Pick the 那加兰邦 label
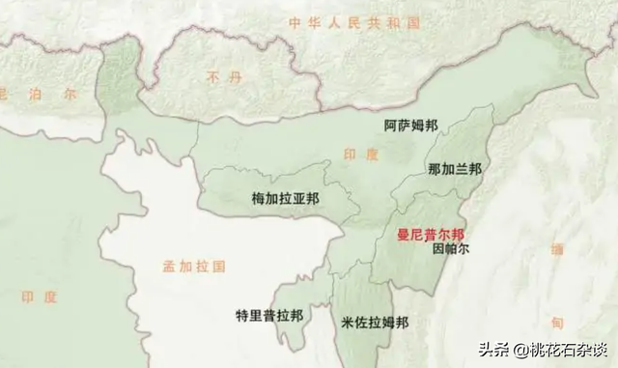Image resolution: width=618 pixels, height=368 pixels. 455,168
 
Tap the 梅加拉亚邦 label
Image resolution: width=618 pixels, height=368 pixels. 285,198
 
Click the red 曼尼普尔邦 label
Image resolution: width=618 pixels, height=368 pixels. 431,234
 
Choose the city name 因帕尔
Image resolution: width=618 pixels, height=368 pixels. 451,248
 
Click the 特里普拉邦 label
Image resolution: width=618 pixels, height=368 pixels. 269,316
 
